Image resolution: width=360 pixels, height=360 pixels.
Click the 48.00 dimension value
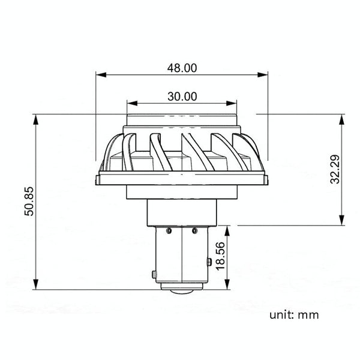coord(182,68)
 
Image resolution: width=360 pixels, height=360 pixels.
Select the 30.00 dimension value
coord(182,96)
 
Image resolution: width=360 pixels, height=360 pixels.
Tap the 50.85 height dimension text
coord(29,202)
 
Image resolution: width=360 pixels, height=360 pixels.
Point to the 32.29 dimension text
coord(335,169)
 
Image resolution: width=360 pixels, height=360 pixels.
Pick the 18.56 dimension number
coord(220,256)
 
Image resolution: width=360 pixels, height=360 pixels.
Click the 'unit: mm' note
coord(294,315)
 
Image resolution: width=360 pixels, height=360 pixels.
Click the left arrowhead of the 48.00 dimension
coord(101,74)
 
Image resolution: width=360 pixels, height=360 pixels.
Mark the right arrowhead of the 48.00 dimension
coord(263,74)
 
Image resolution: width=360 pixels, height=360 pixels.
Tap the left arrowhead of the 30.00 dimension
coord(132,103)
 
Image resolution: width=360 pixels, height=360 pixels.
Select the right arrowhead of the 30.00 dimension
coord(232,103)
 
